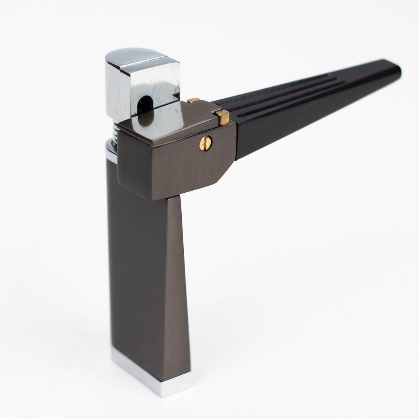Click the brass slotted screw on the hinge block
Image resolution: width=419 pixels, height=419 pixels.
[206, 143]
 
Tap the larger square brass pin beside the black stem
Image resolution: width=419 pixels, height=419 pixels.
[223, 117]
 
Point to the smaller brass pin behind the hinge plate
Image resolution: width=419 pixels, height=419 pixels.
[194, 100]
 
